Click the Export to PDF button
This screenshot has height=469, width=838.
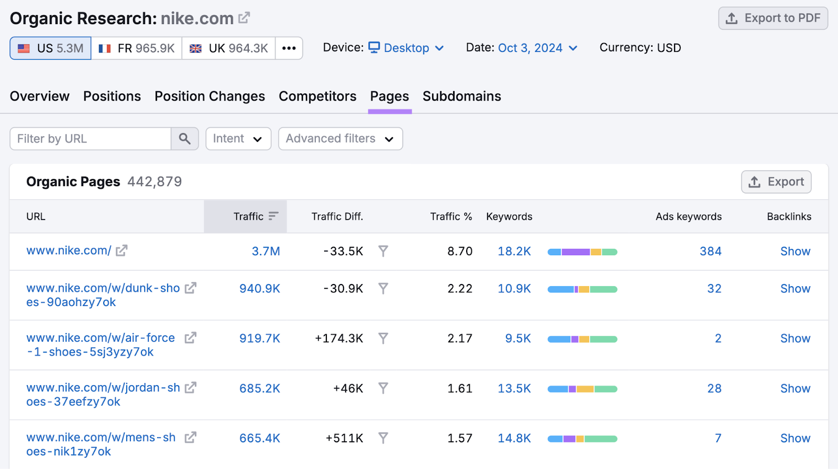pyautogui.click(x=773, y=18)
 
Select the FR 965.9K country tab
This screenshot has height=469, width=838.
pyautogui.click(x=137, y=48)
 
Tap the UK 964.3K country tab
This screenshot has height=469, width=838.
pyautogui.click(x=229, y=48)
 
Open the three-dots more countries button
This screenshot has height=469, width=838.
pyautogui.click(x=289, y=48)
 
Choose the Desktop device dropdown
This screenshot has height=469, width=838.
pyautogui.click(x=406, y=48)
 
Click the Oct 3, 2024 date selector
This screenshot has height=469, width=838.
pyautogui.click(x=537, y=48)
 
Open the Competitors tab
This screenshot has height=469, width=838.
pyautogui.click(x=317, y=96)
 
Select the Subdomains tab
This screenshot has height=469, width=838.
pyautogui.click(x=461, y=96)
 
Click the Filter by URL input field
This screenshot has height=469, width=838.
pyautogui.click(x=91, y=139)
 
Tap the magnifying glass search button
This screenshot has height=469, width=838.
pyautogui.click(x=184, y=139)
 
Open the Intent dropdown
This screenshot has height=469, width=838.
pyautogui.click(x=238, y=139)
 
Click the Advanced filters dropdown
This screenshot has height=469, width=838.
pyautogui.click(x=340, y=139)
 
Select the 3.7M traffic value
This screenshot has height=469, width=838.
pyautogui.click(x=266, y=252)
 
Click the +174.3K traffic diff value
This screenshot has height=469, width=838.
pyautogui.click(x=339, y=339)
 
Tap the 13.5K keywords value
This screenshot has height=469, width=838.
pyautogui.click(x=514, y=388)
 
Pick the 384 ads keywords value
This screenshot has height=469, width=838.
pyautogui.click(x=710, y=252)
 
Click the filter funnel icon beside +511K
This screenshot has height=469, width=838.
pyautogui.click(x=383, y=438)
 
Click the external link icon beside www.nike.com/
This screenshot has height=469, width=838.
pyautogui.click(x=122, y=251)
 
